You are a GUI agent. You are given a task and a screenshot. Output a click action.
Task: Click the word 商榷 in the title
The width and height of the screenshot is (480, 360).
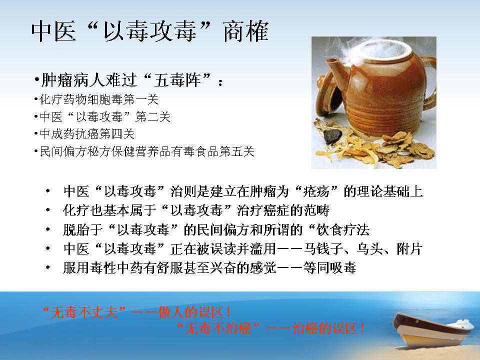(246, 31)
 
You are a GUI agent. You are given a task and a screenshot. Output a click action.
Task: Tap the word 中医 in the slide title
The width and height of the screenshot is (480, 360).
(53, 31)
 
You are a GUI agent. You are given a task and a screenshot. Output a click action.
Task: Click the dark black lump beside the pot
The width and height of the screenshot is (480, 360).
(332, 135)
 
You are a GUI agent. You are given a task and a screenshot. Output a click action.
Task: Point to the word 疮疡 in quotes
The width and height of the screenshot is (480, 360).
(315, 191)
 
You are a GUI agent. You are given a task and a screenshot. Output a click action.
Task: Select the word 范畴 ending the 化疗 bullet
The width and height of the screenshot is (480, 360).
(316, 210)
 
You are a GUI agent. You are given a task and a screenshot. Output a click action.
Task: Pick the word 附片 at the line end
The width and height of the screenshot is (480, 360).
(409, 248)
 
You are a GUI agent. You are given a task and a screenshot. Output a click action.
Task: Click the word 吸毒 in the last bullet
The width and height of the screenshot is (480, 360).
(343, 267)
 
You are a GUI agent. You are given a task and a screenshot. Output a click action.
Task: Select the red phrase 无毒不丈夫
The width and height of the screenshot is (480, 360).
(84, 312)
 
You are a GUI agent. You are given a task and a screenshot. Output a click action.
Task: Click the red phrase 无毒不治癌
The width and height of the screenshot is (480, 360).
(218, 328)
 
